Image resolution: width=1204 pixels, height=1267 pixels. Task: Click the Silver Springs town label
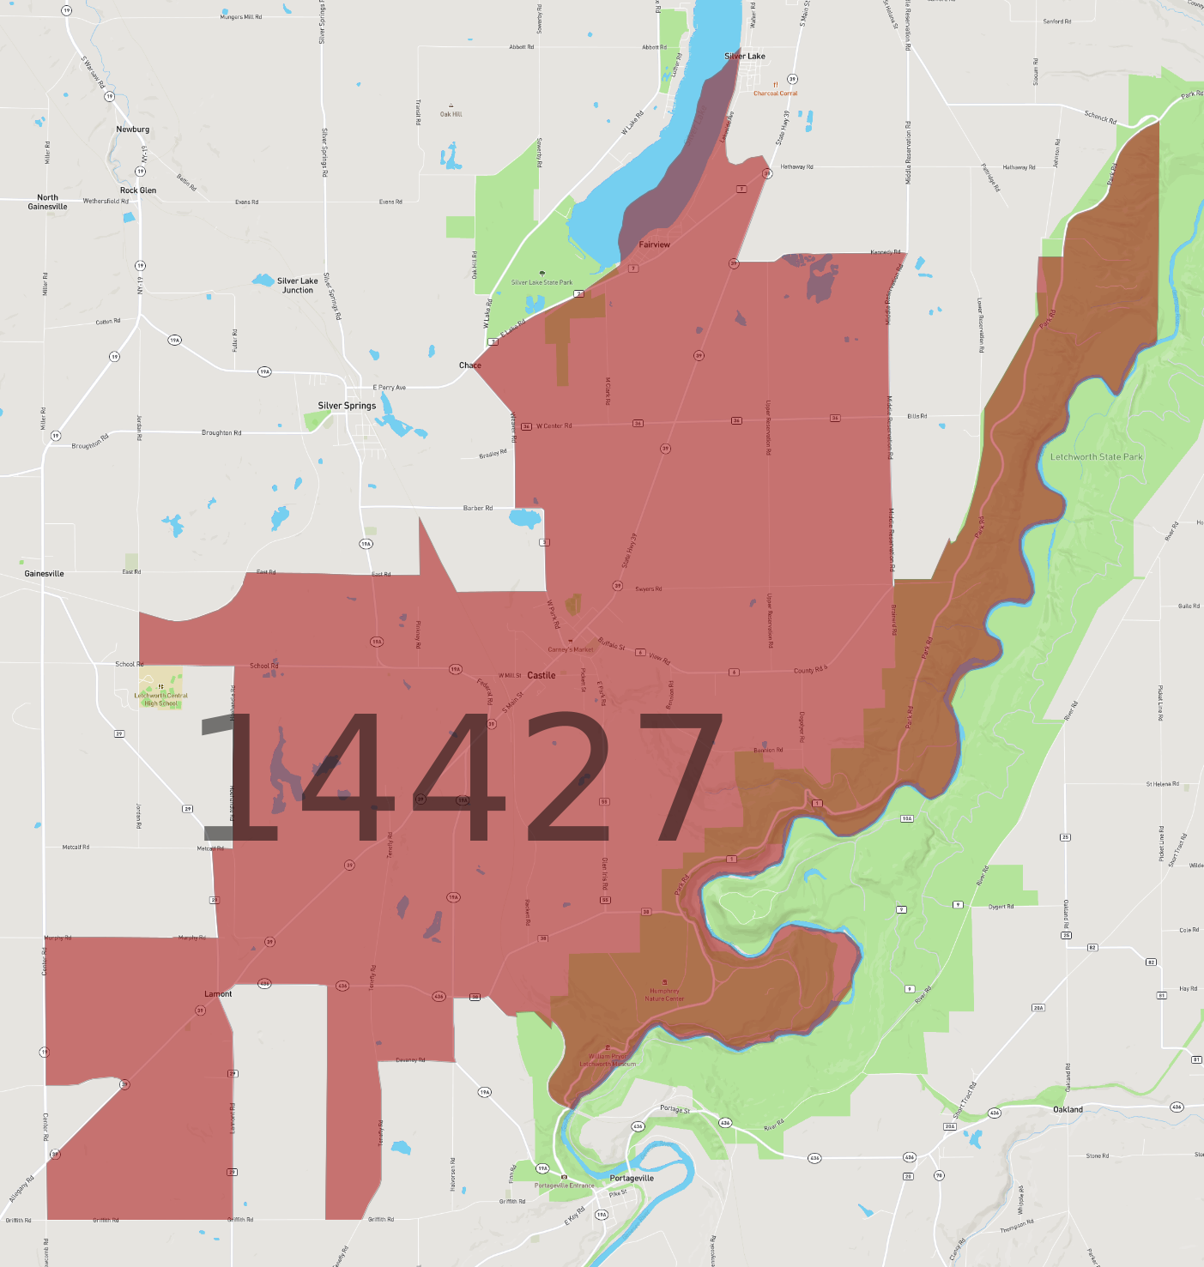coord(347,406)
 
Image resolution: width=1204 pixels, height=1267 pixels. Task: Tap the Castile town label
coord(541,675)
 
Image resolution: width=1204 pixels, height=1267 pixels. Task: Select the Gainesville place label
coord(44,573)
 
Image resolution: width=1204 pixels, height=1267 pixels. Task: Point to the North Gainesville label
coord(47,202)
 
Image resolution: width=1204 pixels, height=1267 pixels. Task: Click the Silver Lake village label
coord(744,57)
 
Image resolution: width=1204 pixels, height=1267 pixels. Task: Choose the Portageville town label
coord(632,1178)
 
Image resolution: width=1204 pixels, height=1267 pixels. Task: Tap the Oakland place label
coord(1068,1109)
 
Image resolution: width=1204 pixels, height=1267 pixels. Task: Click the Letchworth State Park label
coord(1096,457)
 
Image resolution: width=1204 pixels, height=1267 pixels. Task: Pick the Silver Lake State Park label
coord(541,282)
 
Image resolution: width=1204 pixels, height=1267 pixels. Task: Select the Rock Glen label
coord(138,190)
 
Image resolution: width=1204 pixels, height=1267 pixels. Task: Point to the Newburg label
coord(133,130)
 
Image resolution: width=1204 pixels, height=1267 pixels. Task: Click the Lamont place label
coord(218,994)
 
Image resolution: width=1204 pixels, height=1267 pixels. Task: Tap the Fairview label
coord(654,244)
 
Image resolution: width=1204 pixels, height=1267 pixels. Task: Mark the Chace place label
coord(469,365)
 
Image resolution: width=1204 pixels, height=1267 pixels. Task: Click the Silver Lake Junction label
coord(298,286)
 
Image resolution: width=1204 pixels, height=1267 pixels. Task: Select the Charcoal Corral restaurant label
coord(776,94)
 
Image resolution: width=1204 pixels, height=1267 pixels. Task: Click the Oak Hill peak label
coord(451,114)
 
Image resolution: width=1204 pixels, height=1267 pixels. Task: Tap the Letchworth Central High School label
coord(161,699)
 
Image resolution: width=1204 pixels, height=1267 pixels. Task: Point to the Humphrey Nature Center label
coord(664,995)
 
